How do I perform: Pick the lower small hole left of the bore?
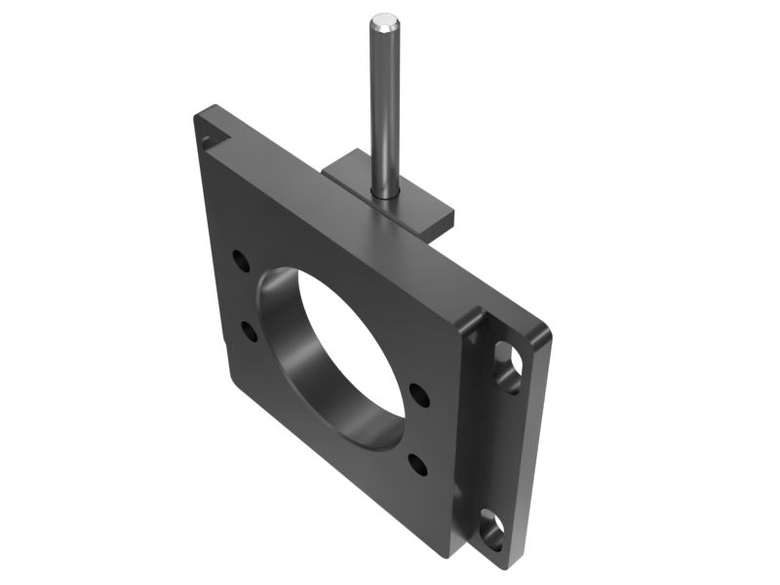click(x=251, y=331)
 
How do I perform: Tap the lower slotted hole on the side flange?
click(x=492, y=531)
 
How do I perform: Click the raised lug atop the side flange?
click(x=476, y=322)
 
